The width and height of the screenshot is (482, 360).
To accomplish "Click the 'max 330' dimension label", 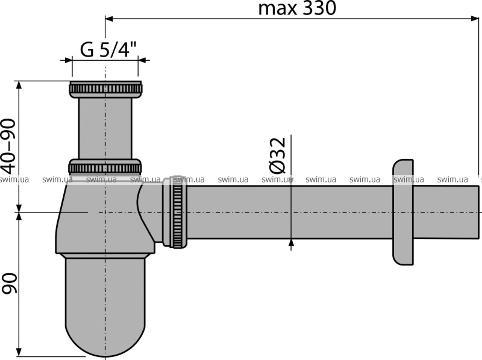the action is pyautogui.click(x=297, y=8).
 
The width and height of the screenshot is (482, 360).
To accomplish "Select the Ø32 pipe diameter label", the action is pyautogui.click(x=278, y=155).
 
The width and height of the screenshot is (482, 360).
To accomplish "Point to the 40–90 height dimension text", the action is pyautogui.click(x=8, y=147).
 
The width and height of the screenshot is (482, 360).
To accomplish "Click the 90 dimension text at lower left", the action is pyautogui.click(x=9, y=283).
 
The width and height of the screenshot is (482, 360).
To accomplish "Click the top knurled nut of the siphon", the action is pyautogui.click(x=105, y=90).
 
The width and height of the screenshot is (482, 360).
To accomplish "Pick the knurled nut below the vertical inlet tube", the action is pyautogui.click(x=105, y=167).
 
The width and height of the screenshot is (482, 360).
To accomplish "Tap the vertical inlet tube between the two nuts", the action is pyautogui.click(x=105, y=128).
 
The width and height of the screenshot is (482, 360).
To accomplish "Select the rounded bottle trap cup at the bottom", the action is pyautogui.click(x=105, y=307).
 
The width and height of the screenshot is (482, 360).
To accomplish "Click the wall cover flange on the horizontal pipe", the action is pyautogui.click(x=403, y=212).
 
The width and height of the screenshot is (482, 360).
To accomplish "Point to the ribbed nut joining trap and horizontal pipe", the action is pyautogui.click(x=178, y=212).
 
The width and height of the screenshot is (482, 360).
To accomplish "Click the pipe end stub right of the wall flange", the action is pyautogui.click(x=446, y=212).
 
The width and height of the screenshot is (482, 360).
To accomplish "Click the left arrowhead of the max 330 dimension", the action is pyautogui.click(x=110, y=19).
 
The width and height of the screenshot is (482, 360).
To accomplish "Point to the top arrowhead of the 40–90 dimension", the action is pyautogui.click(x=19, y=86).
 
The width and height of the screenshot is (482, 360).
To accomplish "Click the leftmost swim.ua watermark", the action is pyautogui.click(x=14, y=179).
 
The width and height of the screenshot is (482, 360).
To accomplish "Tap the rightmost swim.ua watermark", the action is pyautogui.click(x=452, y=179).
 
